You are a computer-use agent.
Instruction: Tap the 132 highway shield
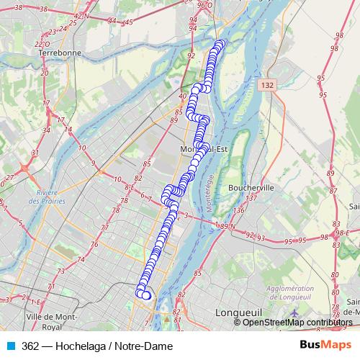click(x=267, y=85)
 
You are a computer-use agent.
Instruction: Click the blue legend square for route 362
click(x=9, y=346)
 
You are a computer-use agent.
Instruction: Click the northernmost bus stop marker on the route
click(x=220, y=44)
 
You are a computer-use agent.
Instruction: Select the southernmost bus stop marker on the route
click(x=147, y=296)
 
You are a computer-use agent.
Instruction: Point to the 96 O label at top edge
click(x=204, y=4)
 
